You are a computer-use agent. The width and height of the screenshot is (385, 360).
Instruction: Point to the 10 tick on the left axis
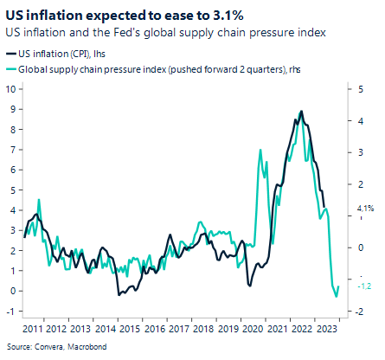(12, 88)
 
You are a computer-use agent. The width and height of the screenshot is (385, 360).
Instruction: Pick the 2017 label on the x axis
(178, 329)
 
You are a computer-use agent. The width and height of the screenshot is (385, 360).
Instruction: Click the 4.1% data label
(364, 209)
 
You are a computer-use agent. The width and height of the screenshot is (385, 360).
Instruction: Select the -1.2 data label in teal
(364, 286)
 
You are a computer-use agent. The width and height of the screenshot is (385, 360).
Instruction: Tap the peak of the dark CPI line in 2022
(301, 112)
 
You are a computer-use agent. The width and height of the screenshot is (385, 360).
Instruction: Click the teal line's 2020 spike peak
(260, 150)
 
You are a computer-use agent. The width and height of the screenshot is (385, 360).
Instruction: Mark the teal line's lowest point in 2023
(336, 296)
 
